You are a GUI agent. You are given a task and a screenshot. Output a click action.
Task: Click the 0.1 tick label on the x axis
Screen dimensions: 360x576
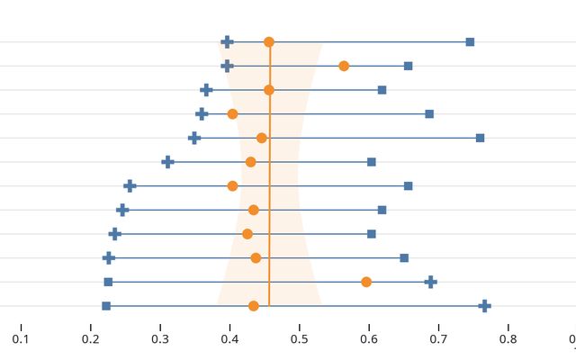(x=21, y=339)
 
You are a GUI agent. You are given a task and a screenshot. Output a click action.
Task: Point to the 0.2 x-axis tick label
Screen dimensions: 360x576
(x=90, y=339)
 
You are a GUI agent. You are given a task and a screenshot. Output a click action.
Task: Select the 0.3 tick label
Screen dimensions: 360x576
(x=160, y=339)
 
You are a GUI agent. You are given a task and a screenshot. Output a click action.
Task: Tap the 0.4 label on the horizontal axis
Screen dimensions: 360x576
(x=229, y=339)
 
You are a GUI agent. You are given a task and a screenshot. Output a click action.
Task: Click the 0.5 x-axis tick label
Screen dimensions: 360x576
(x=299, y=339)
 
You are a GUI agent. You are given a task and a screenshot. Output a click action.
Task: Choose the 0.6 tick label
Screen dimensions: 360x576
(x=369, y=339)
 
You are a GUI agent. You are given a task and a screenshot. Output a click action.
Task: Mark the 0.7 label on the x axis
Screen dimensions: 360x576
(x=438, y=339)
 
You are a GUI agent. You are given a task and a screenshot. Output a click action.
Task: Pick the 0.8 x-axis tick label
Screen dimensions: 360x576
(x=508, y=339)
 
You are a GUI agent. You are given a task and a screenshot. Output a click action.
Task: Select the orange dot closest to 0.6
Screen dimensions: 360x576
(x=366, y=282)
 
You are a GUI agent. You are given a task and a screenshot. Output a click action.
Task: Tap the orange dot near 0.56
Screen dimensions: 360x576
(x=344, y=66)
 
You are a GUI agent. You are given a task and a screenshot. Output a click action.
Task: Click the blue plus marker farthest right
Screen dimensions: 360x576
(x=484, y=306)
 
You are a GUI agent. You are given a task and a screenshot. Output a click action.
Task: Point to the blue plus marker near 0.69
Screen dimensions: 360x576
(x=431, y=282)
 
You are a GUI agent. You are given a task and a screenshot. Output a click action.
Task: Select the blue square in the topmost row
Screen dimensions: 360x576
(x=470, y=42)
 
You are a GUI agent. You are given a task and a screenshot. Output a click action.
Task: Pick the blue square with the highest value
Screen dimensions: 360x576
(x=480, y=138)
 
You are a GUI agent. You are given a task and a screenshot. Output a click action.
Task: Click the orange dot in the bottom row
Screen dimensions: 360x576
(x=254, y=306)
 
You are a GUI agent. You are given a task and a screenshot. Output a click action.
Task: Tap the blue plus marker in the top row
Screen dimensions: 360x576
(x=227, y=42)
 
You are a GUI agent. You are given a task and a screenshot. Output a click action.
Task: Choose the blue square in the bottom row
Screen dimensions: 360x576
(x=106, y=306)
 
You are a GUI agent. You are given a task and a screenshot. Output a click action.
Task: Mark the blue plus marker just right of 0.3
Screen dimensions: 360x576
(x=167, y=162)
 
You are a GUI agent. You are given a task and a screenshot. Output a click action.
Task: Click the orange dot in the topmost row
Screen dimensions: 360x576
(x=269, y=42)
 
